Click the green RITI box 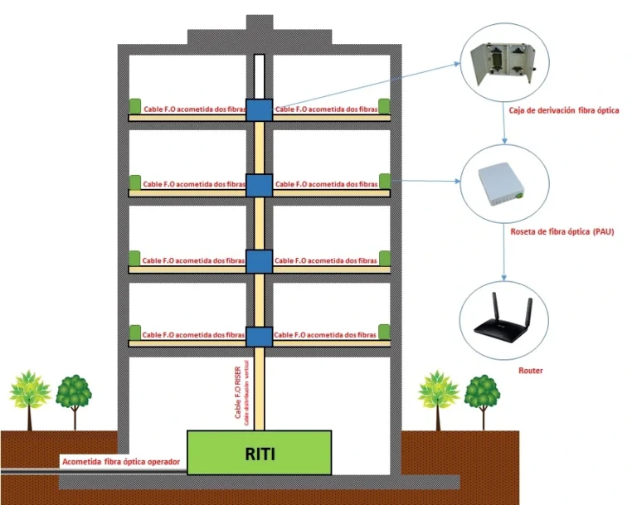pos(259,452)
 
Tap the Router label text pos(530,371)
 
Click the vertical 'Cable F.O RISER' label pos(238,394)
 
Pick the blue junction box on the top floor pos(259,109)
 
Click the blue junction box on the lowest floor pos(259,337)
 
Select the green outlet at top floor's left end pos(134,107)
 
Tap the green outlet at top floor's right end pos(384,107)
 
